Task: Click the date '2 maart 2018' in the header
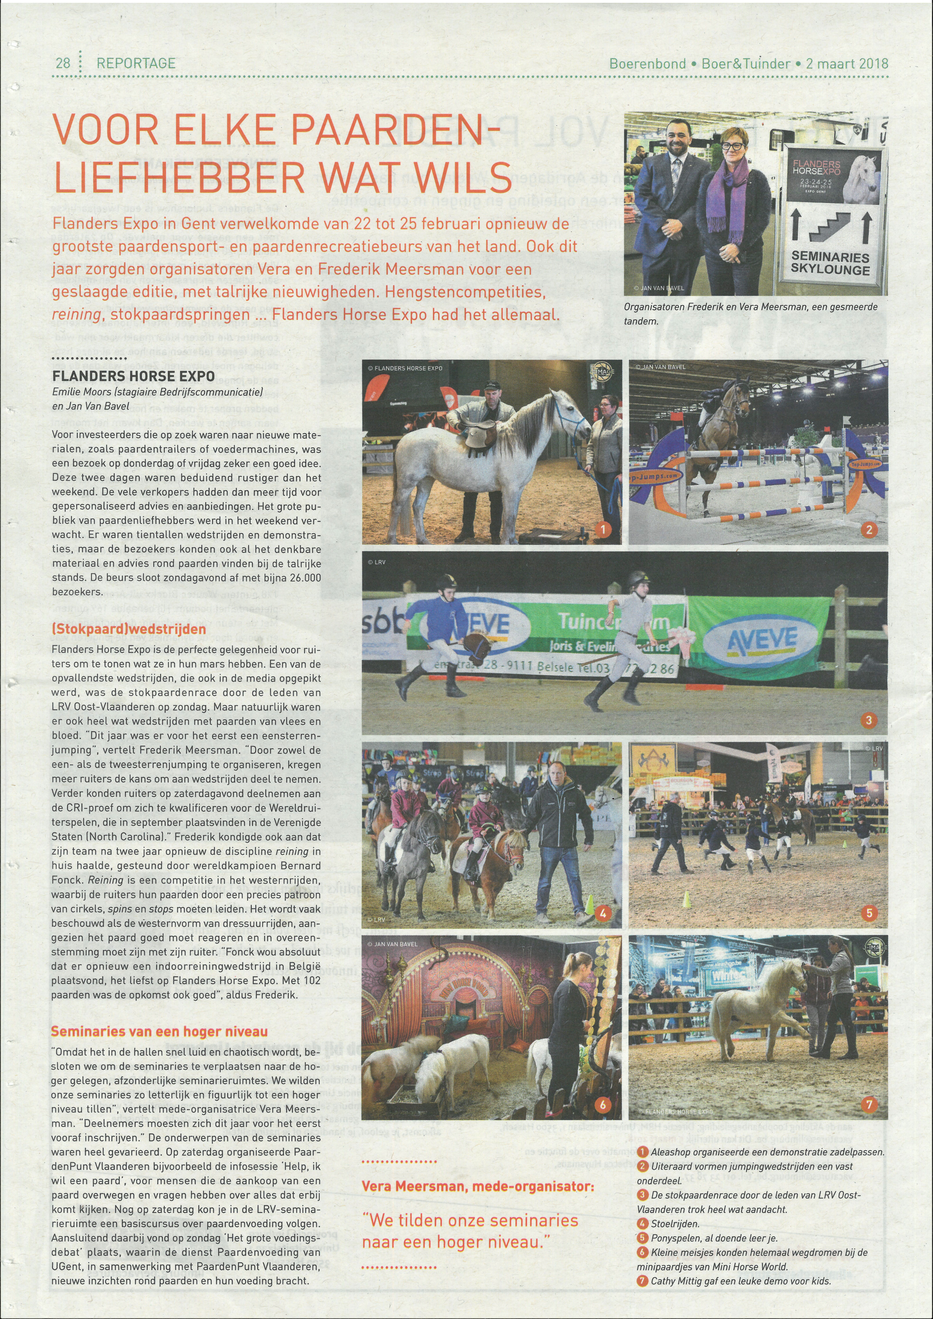[846, 63]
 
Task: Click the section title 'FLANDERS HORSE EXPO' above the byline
[133, 376]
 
